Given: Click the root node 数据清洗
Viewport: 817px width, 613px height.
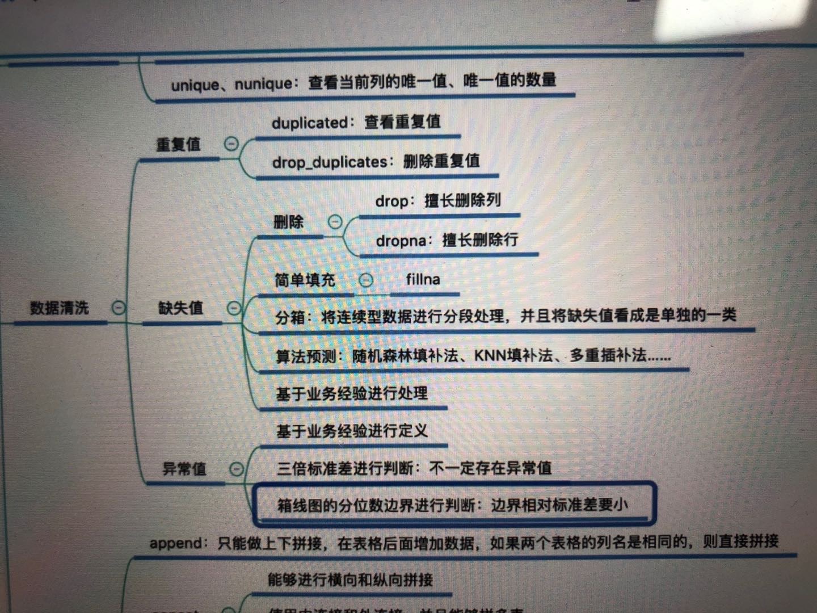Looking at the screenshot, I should (60, 308).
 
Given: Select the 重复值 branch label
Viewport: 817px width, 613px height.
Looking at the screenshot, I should (178, 145).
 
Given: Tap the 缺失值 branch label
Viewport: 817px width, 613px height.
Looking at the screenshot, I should (180, 308).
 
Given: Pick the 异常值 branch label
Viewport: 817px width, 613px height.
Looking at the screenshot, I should (184, 469).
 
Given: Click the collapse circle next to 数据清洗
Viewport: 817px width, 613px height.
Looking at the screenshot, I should (118, 308).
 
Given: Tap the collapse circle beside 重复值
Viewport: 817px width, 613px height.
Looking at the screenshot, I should (231, 144).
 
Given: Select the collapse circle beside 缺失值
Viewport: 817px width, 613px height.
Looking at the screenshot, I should (234, 308).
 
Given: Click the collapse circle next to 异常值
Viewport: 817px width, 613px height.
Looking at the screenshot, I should (237, 469).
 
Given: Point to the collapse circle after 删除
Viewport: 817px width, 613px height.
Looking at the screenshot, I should (335, 222).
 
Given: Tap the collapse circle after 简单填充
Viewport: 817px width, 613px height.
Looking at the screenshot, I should (366, 280).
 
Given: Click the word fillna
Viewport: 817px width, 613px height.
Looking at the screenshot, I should (423, 279).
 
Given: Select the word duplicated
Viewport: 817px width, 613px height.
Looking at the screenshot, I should (309, 123).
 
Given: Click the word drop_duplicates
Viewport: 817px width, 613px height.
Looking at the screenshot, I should (330, 162).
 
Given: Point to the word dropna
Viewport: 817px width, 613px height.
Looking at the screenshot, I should (401, 241).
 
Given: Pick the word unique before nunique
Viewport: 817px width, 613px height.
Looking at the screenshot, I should (195, 86).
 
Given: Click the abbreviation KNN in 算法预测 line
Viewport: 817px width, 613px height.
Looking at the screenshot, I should (490, 356).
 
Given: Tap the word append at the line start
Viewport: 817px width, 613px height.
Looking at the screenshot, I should (175, 543).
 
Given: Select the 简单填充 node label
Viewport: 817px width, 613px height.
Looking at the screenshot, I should (305, 280).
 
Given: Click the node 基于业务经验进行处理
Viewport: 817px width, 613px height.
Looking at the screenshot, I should (352, 393).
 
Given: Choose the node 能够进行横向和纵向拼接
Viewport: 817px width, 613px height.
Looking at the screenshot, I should (350, 580).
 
